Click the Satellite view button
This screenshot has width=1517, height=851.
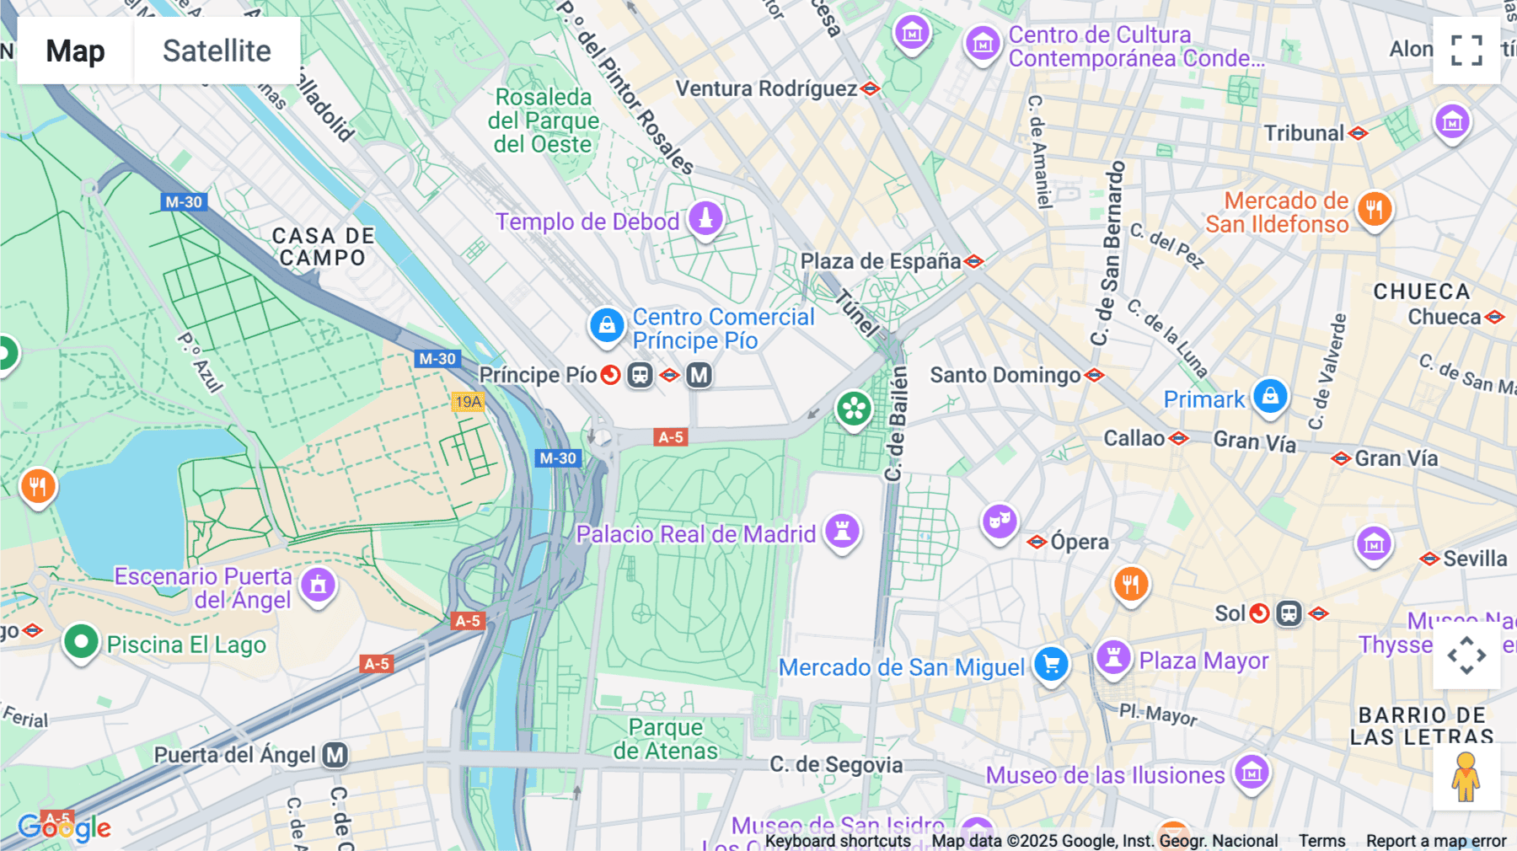(217, 51)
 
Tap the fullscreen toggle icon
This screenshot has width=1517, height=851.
(1466, 51)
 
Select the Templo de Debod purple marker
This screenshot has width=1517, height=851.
(705, 218)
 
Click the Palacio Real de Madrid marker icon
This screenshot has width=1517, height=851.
(842, 531)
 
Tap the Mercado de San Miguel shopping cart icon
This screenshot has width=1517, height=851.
(1051, 664)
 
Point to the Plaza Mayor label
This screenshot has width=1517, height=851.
(1203, 661)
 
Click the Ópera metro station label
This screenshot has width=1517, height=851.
(1079, 542)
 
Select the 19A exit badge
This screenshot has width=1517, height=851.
(469, 402)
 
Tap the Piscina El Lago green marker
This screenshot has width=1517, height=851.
(81, 643)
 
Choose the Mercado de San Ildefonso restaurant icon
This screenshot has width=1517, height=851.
(1375, 208)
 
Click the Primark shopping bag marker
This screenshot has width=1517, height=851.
(1270, 395)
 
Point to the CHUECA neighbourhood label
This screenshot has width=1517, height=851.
(1421, 292)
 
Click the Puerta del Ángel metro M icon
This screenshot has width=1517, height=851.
(335, 755)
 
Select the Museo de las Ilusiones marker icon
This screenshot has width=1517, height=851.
(1252, 771)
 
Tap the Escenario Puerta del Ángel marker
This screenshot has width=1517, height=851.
(318, 584)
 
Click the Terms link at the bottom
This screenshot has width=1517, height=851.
(1321, 841)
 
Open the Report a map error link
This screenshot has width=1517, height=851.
(1435, 841)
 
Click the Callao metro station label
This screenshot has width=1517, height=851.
(1134, 438)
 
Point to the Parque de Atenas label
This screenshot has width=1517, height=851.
(665, 739)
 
